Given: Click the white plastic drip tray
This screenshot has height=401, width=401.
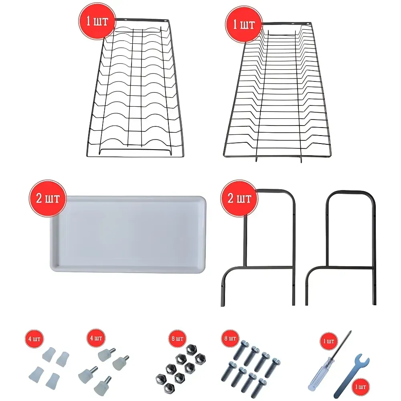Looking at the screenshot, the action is (128, 234).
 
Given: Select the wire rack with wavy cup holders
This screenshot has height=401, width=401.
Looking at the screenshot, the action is (136, 88).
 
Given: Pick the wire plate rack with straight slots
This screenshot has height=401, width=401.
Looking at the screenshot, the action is (277, 92).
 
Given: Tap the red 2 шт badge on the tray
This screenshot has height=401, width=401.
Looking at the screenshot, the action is (48, 198).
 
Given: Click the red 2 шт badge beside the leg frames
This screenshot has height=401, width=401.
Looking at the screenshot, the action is (239, 198).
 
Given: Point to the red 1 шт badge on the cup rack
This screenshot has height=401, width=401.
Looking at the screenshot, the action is (97, 21).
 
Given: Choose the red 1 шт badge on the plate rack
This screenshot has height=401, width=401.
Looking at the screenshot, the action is (244, 24).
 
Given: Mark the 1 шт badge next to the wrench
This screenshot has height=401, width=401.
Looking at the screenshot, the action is (360, 387).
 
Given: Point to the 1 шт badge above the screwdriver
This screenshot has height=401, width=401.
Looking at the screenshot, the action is (329, 341).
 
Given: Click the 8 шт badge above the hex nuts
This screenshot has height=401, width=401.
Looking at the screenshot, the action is (178, 338).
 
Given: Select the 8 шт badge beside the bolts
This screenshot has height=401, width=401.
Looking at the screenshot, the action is (230, 338).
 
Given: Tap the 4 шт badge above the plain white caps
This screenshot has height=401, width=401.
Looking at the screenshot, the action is (34, 339).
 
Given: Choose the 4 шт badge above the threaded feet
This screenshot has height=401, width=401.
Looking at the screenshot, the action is (96, 338).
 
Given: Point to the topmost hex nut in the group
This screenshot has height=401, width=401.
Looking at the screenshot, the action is (191, 349).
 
